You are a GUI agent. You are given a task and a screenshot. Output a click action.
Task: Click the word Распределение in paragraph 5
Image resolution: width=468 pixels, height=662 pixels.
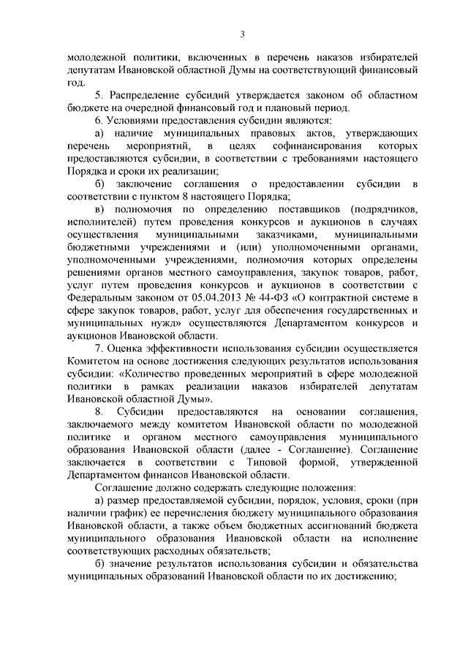pos(150,94)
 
